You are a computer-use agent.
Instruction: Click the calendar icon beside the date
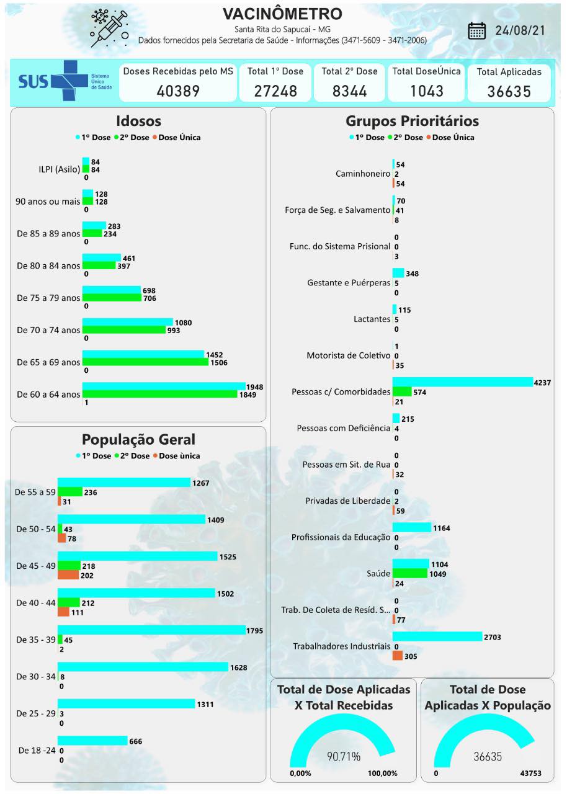tap(476, 31)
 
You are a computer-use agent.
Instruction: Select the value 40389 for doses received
tap(178, 91)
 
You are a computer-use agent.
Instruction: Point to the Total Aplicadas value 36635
tap(509, 92)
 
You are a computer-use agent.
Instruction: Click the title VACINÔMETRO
tap(282, 14)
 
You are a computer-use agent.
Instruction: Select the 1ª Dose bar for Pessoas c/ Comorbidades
tap(462, 382)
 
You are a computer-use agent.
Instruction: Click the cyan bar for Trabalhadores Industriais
tap(437, 637)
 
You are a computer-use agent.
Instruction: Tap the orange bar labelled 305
tap(398, 656)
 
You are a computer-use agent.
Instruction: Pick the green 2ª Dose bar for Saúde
tap(410, 574)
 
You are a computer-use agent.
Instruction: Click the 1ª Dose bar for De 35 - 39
tap(151, 630)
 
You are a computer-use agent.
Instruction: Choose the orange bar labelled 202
tap(68, 575)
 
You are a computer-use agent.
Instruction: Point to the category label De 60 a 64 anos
tap(48, 395)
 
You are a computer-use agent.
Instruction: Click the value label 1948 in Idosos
tap(254, 387)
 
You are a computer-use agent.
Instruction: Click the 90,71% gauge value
tap(343, 756)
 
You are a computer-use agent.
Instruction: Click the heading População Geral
tap(138, 439)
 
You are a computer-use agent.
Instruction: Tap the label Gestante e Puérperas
tap(349, 283)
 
